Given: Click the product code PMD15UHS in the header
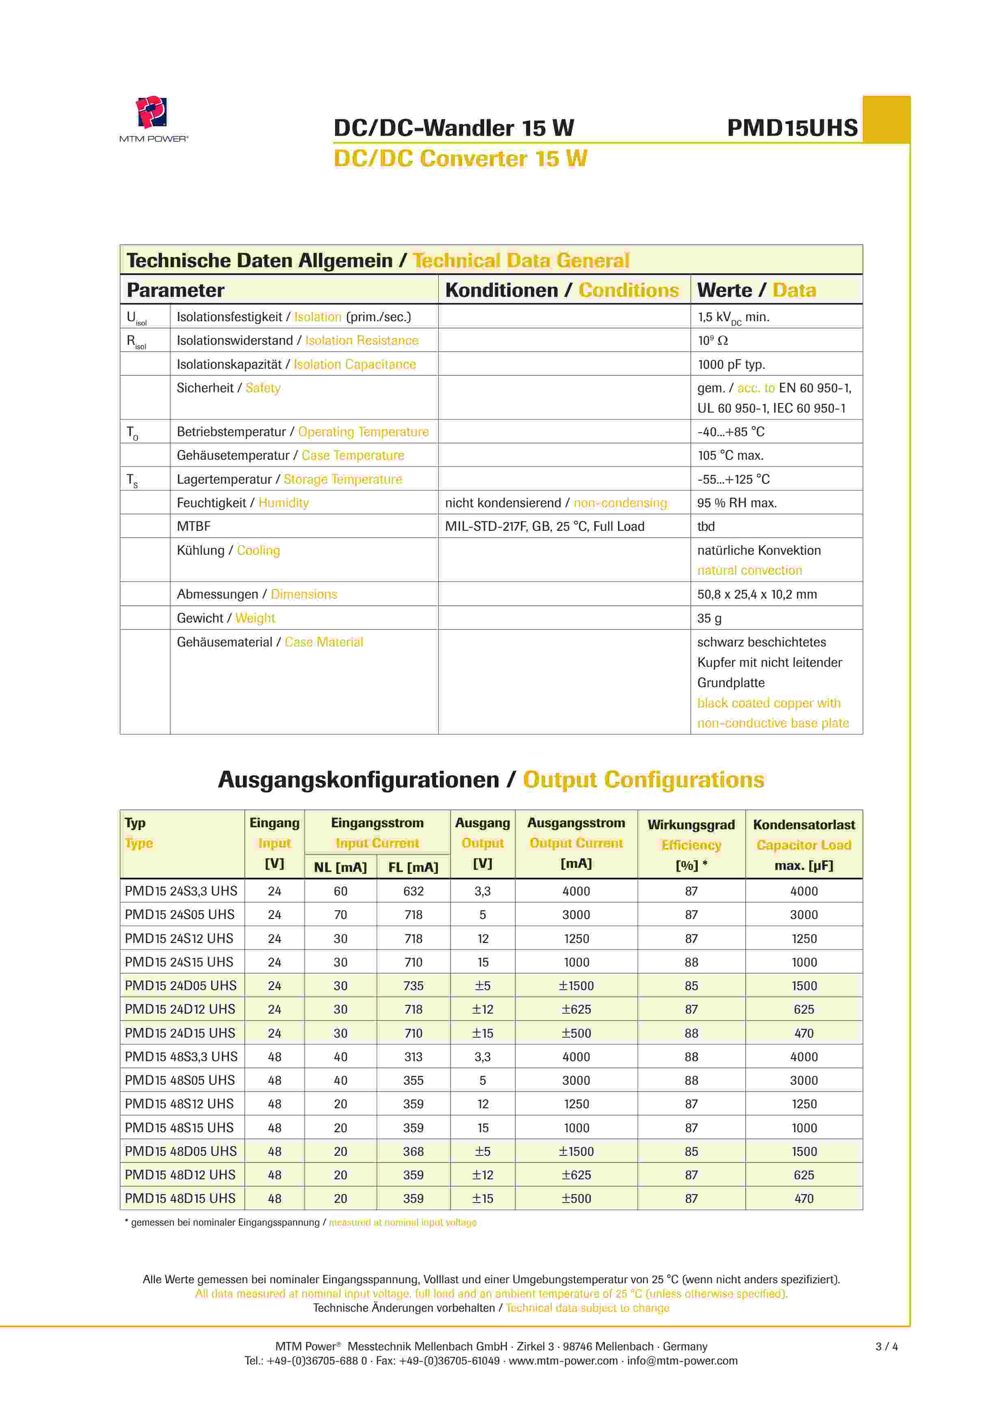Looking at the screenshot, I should [792, 128].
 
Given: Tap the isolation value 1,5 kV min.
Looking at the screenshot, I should [733, 317].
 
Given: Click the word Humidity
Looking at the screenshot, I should [284, 503].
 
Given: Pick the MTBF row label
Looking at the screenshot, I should [193, 526].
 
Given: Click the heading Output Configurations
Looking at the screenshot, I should [643, 780].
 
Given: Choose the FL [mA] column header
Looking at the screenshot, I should [413, 867].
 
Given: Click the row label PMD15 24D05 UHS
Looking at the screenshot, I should [180, 986].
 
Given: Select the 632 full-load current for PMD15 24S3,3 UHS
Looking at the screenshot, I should [413, 891].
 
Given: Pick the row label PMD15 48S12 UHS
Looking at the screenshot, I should [179, 1104].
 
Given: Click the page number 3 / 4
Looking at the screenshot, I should [886, 1346].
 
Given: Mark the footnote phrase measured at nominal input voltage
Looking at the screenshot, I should [403, 1222].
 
